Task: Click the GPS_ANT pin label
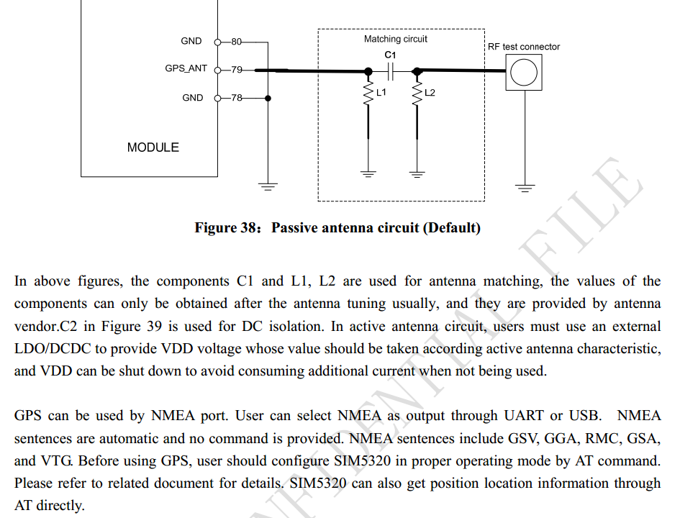186,68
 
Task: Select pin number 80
236,42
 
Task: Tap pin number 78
236,98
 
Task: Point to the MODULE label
153,147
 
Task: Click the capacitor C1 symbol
391,71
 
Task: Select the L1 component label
381,92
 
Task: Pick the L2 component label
430,92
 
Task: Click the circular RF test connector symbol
524,73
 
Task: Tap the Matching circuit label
396,39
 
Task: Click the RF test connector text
524,46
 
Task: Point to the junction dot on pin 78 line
268,99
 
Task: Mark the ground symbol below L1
368,174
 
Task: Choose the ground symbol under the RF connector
525,188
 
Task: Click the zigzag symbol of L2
417,94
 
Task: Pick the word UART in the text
523,415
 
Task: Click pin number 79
236,70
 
